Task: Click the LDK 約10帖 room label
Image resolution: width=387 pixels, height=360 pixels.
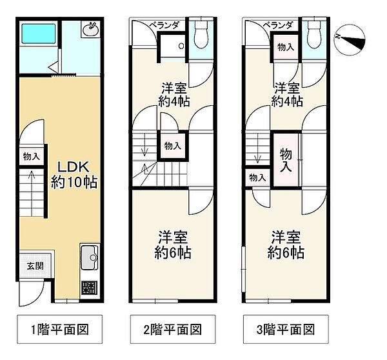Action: click(x=74, y=173)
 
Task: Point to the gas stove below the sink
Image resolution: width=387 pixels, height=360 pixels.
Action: click(x=90, y=288)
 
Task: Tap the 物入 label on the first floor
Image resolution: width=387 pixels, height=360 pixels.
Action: click(x=31, y=156)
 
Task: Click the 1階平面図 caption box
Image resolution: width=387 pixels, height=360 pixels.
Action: click(x=59, y=328)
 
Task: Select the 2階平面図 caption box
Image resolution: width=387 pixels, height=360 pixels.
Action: click(x=172, y=328)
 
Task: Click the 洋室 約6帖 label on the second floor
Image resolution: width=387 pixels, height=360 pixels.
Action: click(x=172, y=244)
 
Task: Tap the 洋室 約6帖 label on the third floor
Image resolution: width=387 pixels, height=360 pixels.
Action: click(x=287, y=244)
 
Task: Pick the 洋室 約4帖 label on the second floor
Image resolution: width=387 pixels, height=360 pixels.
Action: click(x=173, y=94)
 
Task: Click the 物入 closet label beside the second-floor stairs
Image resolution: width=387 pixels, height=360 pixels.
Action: click(x=172, y=146)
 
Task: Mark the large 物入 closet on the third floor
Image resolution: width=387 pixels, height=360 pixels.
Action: click(x=286, y=159)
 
